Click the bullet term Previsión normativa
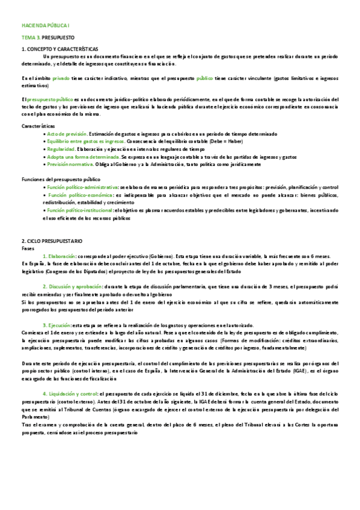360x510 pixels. click(70, 164)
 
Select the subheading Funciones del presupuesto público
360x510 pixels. click(56, 179)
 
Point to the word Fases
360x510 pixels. click(28, 247)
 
